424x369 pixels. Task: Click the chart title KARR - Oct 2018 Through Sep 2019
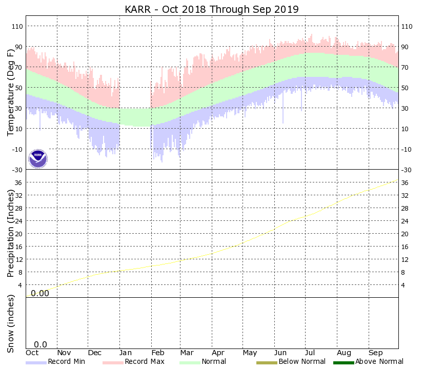point(212,10)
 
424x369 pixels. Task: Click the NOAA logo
point(37,158)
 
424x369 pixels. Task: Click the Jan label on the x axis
point(126,353)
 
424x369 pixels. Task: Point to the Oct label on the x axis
point(32,353)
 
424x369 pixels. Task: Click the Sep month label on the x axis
point(376,353)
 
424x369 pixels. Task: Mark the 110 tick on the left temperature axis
point(18,26)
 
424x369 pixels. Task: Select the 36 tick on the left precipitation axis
point(19,182)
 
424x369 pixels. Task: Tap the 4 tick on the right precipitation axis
point(405,285)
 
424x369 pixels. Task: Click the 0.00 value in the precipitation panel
point(40,293)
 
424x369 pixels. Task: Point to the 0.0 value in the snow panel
point(41,345)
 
